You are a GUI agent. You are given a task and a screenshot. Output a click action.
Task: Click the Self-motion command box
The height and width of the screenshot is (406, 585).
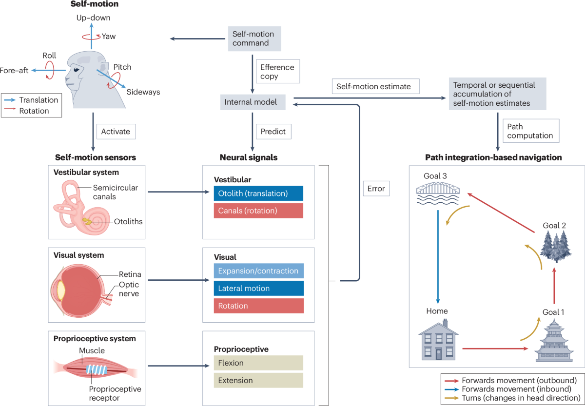click(x=254, y=39)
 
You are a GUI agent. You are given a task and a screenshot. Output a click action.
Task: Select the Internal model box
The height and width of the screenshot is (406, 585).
click(x=253, y=102)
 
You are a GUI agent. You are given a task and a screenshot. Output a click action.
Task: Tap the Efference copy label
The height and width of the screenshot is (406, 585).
click(x=277, y=72)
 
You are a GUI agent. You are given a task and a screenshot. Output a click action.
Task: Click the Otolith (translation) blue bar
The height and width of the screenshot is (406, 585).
click(x=258, y=193)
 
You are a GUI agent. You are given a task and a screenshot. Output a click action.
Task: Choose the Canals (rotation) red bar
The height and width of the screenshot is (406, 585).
click(x=258, y=211)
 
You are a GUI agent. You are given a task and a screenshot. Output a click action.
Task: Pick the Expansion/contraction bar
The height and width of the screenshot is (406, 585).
click(x=258, y=271)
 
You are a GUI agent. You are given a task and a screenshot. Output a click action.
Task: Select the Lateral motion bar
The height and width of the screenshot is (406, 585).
click(x=258, y=288)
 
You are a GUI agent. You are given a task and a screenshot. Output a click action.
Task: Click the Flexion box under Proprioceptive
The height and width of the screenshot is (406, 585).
click(x=258, y=363)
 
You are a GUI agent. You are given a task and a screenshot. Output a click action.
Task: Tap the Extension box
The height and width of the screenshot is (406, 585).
click(x=258, y=381)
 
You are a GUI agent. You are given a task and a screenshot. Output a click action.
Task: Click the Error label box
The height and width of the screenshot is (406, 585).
click(x=376, y=189)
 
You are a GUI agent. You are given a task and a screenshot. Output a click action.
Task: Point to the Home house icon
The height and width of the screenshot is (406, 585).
click(x=438, y=340)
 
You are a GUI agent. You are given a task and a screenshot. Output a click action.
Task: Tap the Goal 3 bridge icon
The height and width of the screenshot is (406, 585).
click(x=438, y=193)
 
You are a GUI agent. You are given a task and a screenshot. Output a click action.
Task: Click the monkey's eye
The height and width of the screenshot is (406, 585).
click(x=76, y=70)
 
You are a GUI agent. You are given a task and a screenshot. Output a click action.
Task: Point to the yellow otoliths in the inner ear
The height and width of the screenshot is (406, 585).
click(x=87, y=221)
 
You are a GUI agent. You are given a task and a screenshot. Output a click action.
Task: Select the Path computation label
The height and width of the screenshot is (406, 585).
click(x=531, y=131)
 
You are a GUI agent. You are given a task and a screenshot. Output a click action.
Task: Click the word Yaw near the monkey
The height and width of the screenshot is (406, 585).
click(x=109, y=36)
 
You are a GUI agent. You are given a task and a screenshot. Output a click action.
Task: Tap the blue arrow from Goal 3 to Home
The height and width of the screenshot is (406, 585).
click(x=438, y=257)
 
